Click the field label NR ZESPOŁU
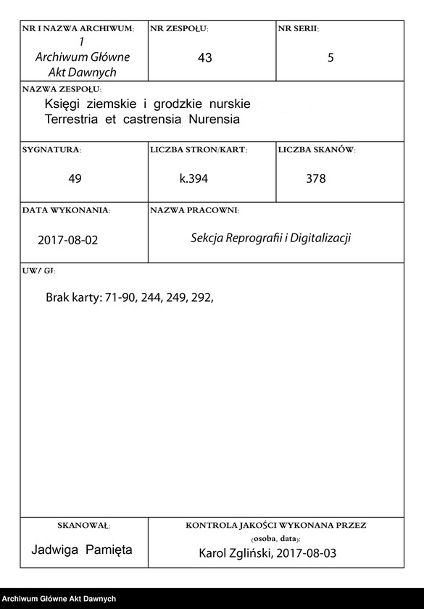tap(179, 29)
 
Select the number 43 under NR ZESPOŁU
tap(204, 58)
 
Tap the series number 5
tap(331, 58)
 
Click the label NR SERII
tap(299, 29)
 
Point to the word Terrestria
tap(72, 118)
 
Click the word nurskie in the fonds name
tap(227, 104)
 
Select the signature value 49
tap(75, 178)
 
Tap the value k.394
tap(194, 178)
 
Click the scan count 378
tap(316, 178)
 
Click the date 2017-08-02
tap(67, 239)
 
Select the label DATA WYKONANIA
tap(66, 210)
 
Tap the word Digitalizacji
tap(320, 238)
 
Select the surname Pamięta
tap(109, 550)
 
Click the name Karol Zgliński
tap(231, 553)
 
